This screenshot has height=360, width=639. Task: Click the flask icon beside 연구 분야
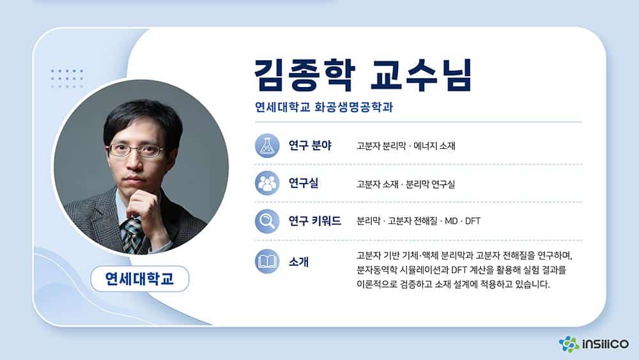tap(267, 146)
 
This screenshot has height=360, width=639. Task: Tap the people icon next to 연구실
tap(267, 183)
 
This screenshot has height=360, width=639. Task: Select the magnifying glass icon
tap(267, 221)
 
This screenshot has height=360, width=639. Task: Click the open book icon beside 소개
tap(267, 262)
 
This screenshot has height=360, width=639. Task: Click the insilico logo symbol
tap(569, 344)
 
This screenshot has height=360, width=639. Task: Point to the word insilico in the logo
tap(605, 344)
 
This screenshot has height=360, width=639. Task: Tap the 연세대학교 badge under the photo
tap(140, 279)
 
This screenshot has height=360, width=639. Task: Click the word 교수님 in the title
tap(421, 75)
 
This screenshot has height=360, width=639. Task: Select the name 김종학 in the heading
tap(305, 75)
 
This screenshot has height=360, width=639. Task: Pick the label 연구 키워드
tap(314, 221)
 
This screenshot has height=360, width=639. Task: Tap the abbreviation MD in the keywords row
tap(451, 221)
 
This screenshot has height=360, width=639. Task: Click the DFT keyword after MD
tap(473, 221)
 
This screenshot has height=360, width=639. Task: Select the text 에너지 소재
tap(435, 146)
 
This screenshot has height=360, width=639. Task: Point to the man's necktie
tap(132, 235)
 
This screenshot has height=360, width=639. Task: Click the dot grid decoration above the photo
tap(67, 79)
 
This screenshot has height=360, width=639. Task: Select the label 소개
tap(298, 262)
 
